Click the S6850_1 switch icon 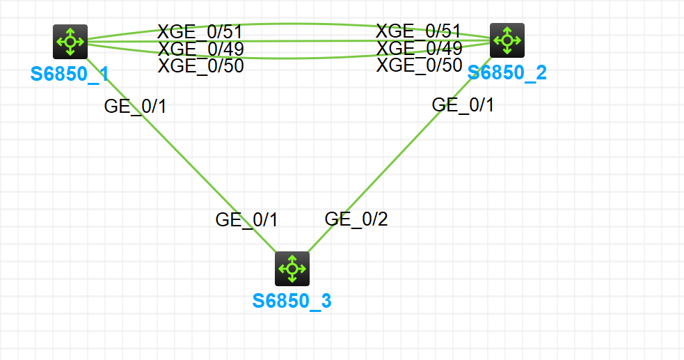tap(70, 42)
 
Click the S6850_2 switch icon tap(507, 40)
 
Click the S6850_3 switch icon tap(292, 269)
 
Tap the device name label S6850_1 tap(70, 74)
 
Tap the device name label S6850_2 tap(507, 72)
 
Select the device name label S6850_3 tap(292, 301)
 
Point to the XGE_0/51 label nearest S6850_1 tap(200, 31)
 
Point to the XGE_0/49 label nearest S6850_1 tap(200, 49)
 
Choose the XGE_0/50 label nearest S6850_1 tap(200, 66)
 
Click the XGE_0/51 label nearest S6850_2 tap(418, 31)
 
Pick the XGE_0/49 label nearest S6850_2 tap(419, 48)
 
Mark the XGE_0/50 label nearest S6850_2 tap(419, 65)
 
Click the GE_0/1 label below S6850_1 tap(135, 107)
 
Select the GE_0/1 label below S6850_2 tap(463, 105)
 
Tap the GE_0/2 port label tap(356, 219)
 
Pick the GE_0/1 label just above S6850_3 tap(246, 220)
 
